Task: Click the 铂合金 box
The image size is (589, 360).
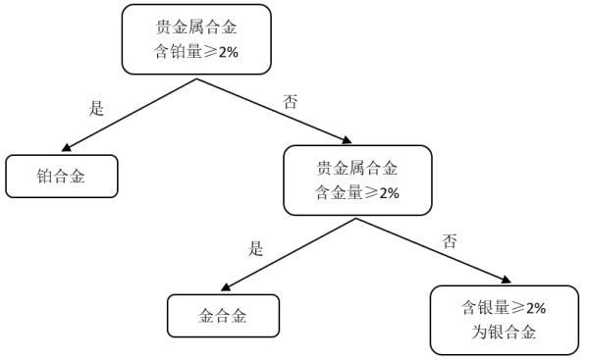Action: tap(61, 177)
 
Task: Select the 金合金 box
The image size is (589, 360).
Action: tap(223, 317)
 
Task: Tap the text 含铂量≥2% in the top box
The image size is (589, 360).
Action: tap(196, 51)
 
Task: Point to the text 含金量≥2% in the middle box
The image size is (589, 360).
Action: tap(357, 192)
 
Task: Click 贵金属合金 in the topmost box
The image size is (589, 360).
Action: tap(196, 26)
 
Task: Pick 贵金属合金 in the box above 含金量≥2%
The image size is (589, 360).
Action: tap(357, 168)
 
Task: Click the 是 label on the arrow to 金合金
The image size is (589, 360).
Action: tap(256, 249)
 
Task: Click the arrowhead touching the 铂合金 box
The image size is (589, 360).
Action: tap(66, 149)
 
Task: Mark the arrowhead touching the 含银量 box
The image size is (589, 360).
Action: tap(505, 282)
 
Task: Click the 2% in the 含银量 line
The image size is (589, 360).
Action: tap(533, 308)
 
